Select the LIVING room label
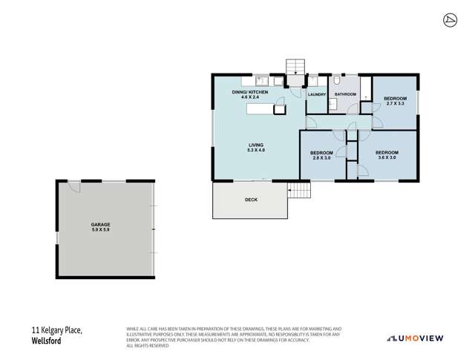tap(256, 145)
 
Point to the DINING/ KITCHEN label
tap(249, 91)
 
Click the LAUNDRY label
tap(317, 95)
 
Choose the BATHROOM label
tap(345, 95)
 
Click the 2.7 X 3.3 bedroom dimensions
tap(395, 104)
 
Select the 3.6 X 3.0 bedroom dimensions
tap(376, 157)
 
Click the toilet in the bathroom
tap(336, 81)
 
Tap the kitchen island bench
tap(266, 109)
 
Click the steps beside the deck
tap(299, 191)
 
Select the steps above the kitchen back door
tap(295, 65)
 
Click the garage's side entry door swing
tap(73, 186)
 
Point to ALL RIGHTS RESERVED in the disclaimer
tap(146, 346)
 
